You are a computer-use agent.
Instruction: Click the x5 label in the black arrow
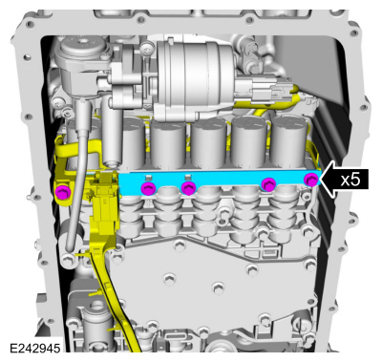click(x=350, y=180)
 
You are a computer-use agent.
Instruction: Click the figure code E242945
click(x=35, y=349)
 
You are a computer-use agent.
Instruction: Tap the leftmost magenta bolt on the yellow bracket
click(x=62, y=192)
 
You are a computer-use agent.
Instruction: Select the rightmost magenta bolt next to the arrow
click(x=310, y=180)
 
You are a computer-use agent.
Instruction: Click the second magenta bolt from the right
click(x=268, y=184)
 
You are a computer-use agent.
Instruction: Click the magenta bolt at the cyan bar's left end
click(x=148, y=188)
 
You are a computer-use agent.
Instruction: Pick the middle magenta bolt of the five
click(x=188, y=188)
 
